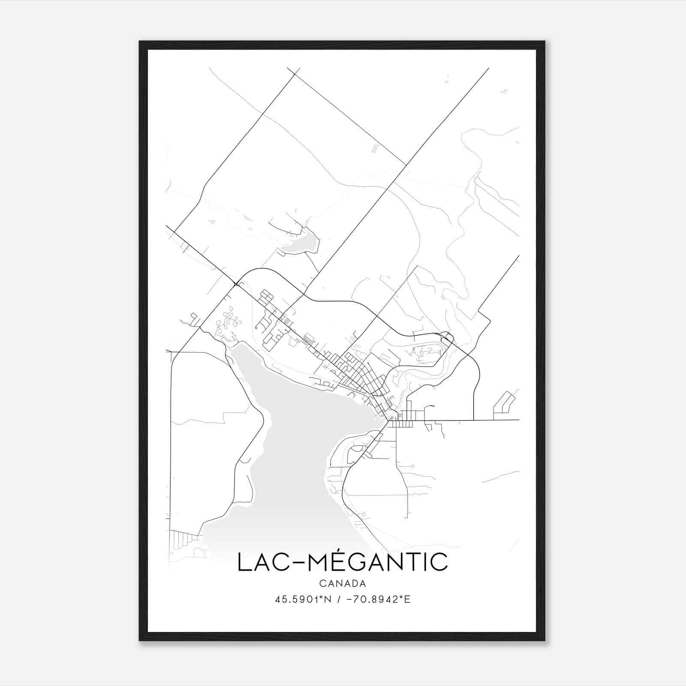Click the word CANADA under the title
click(343, 584)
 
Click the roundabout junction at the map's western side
click(236, 284)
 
